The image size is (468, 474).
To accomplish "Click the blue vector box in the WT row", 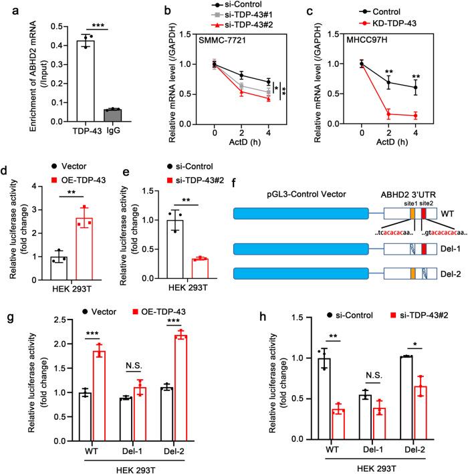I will [301, 215].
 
